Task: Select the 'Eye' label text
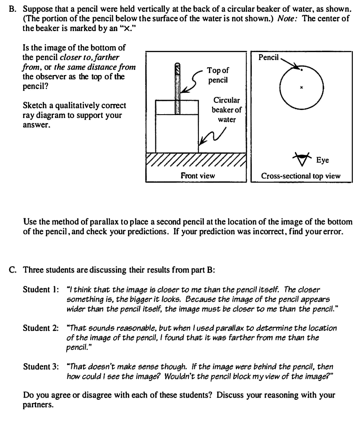(323, 160)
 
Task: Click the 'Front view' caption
(198, 176)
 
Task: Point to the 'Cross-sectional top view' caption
(301, 176)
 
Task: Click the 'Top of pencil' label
(218, 75)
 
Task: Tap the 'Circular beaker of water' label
(227, 110)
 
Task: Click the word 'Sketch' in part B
(34, 105)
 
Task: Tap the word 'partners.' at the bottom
(39, 406)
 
